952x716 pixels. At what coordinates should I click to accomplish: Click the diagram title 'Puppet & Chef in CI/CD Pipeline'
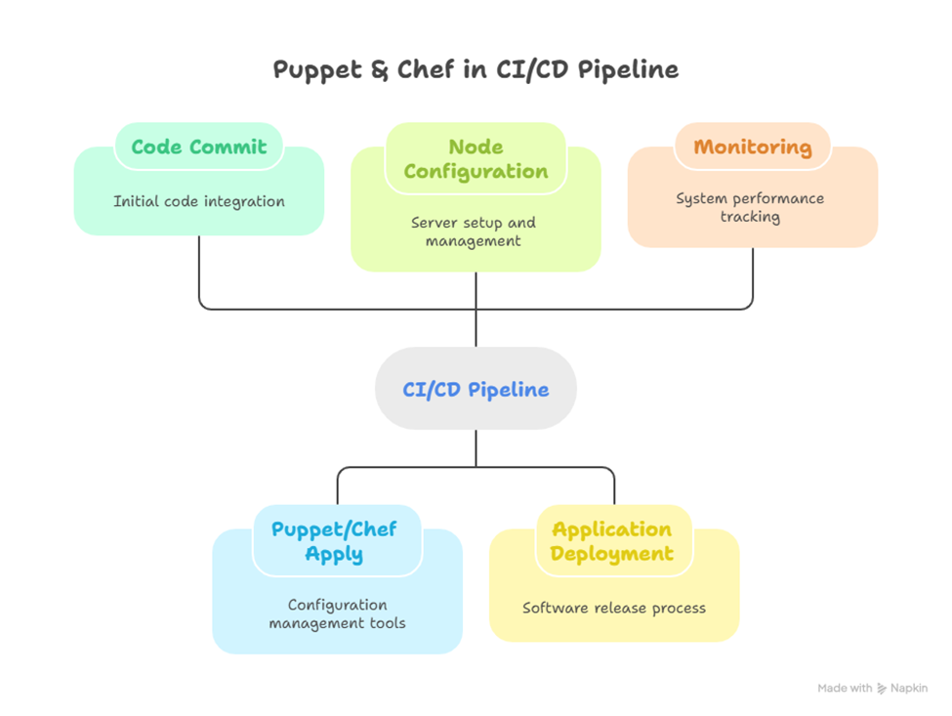pos(476,70)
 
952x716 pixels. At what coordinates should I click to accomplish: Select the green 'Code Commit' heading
pos(198,147)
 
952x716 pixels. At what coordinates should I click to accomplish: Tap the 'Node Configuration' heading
pos(476,159)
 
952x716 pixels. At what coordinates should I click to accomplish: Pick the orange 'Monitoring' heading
pos(752,147)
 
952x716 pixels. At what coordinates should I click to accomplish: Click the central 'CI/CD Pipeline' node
pos(476,390)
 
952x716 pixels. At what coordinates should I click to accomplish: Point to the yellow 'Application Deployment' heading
pos(613,541)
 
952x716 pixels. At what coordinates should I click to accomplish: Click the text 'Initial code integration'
pos(199,202)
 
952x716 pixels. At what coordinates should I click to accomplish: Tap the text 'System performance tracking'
pos(750,207)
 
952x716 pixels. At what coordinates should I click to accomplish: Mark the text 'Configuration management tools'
pos(338,614)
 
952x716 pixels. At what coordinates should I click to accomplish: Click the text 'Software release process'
pos(614,609)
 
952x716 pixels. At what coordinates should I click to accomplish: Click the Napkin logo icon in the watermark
pos(883,689)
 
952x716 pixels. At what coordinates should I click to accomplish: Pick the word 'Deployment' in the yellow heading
pos(612,554)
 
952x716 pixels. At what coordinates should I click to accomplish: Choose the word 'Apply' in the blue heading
pos(334,554)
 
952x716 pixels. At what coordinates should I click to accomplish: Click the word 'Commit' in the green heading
pos(229,147)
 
